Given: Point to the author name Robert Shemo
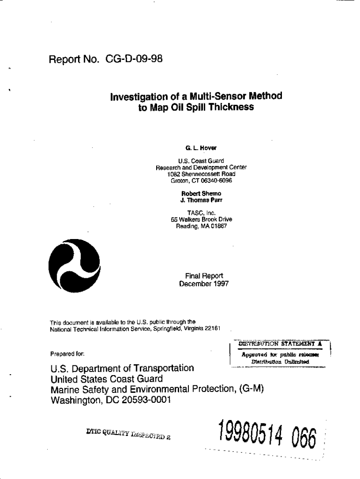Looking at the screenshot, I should click(201, 193).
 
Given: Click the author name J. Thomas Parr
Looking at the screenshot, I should click(201, 200).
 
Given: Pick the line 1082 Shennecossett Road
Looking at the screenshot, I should click(201, 174).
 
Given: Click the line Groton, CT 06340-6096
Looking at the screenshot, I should click(201, 181).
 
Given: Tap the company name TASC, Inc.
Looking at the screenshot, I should click(201, 213).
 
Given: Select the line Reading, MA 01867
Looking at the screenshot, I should click(201, 226).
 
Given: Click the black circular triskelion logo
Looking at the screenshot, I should click(75, 265).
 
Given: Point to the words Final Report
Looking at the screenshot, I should click(204, 276).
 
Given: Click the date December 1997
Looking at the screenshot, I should click(204, 284).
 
